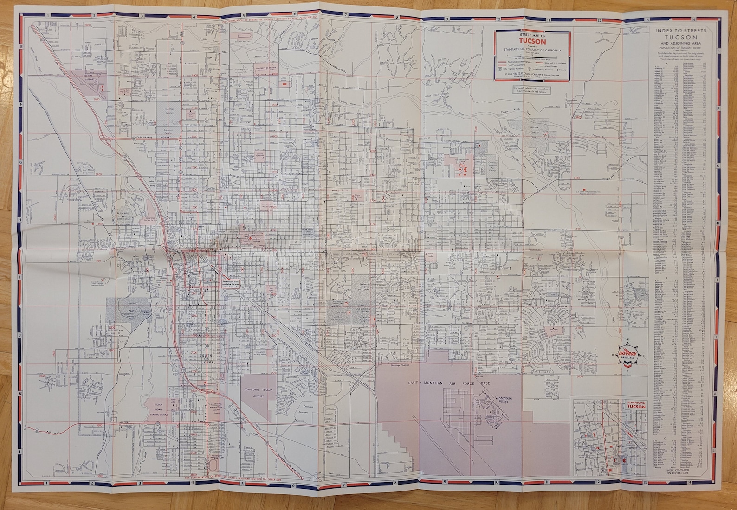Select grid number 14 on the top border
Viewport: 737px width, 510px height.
693,19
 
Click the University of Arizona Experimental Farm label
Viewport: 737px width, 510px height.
265,71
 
